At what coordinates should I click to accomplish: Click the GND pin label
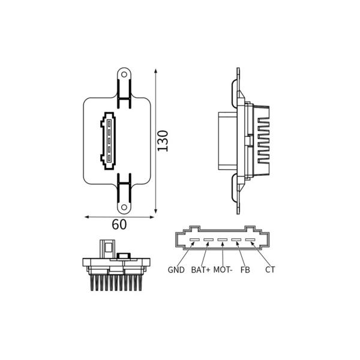point(176,270)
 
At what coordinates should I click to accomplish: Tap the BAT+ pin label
point(200,270)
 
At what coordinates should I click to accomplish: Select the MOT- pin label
point(223,270)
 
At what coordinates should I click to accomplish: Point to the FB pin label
point(245,270)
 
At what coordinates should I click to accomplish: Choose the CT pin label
point(270,270)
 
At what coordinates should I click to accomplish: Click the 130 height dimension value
point(163,141)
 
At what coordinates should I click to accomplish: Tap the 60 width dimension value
point(119,224)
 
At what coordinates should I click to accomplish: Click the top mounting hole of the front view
point(124,74)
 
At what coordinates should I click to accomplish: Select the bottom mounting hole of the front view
point(124,208)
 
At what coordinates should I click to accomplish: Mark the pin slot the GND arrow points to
point(194,240)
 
